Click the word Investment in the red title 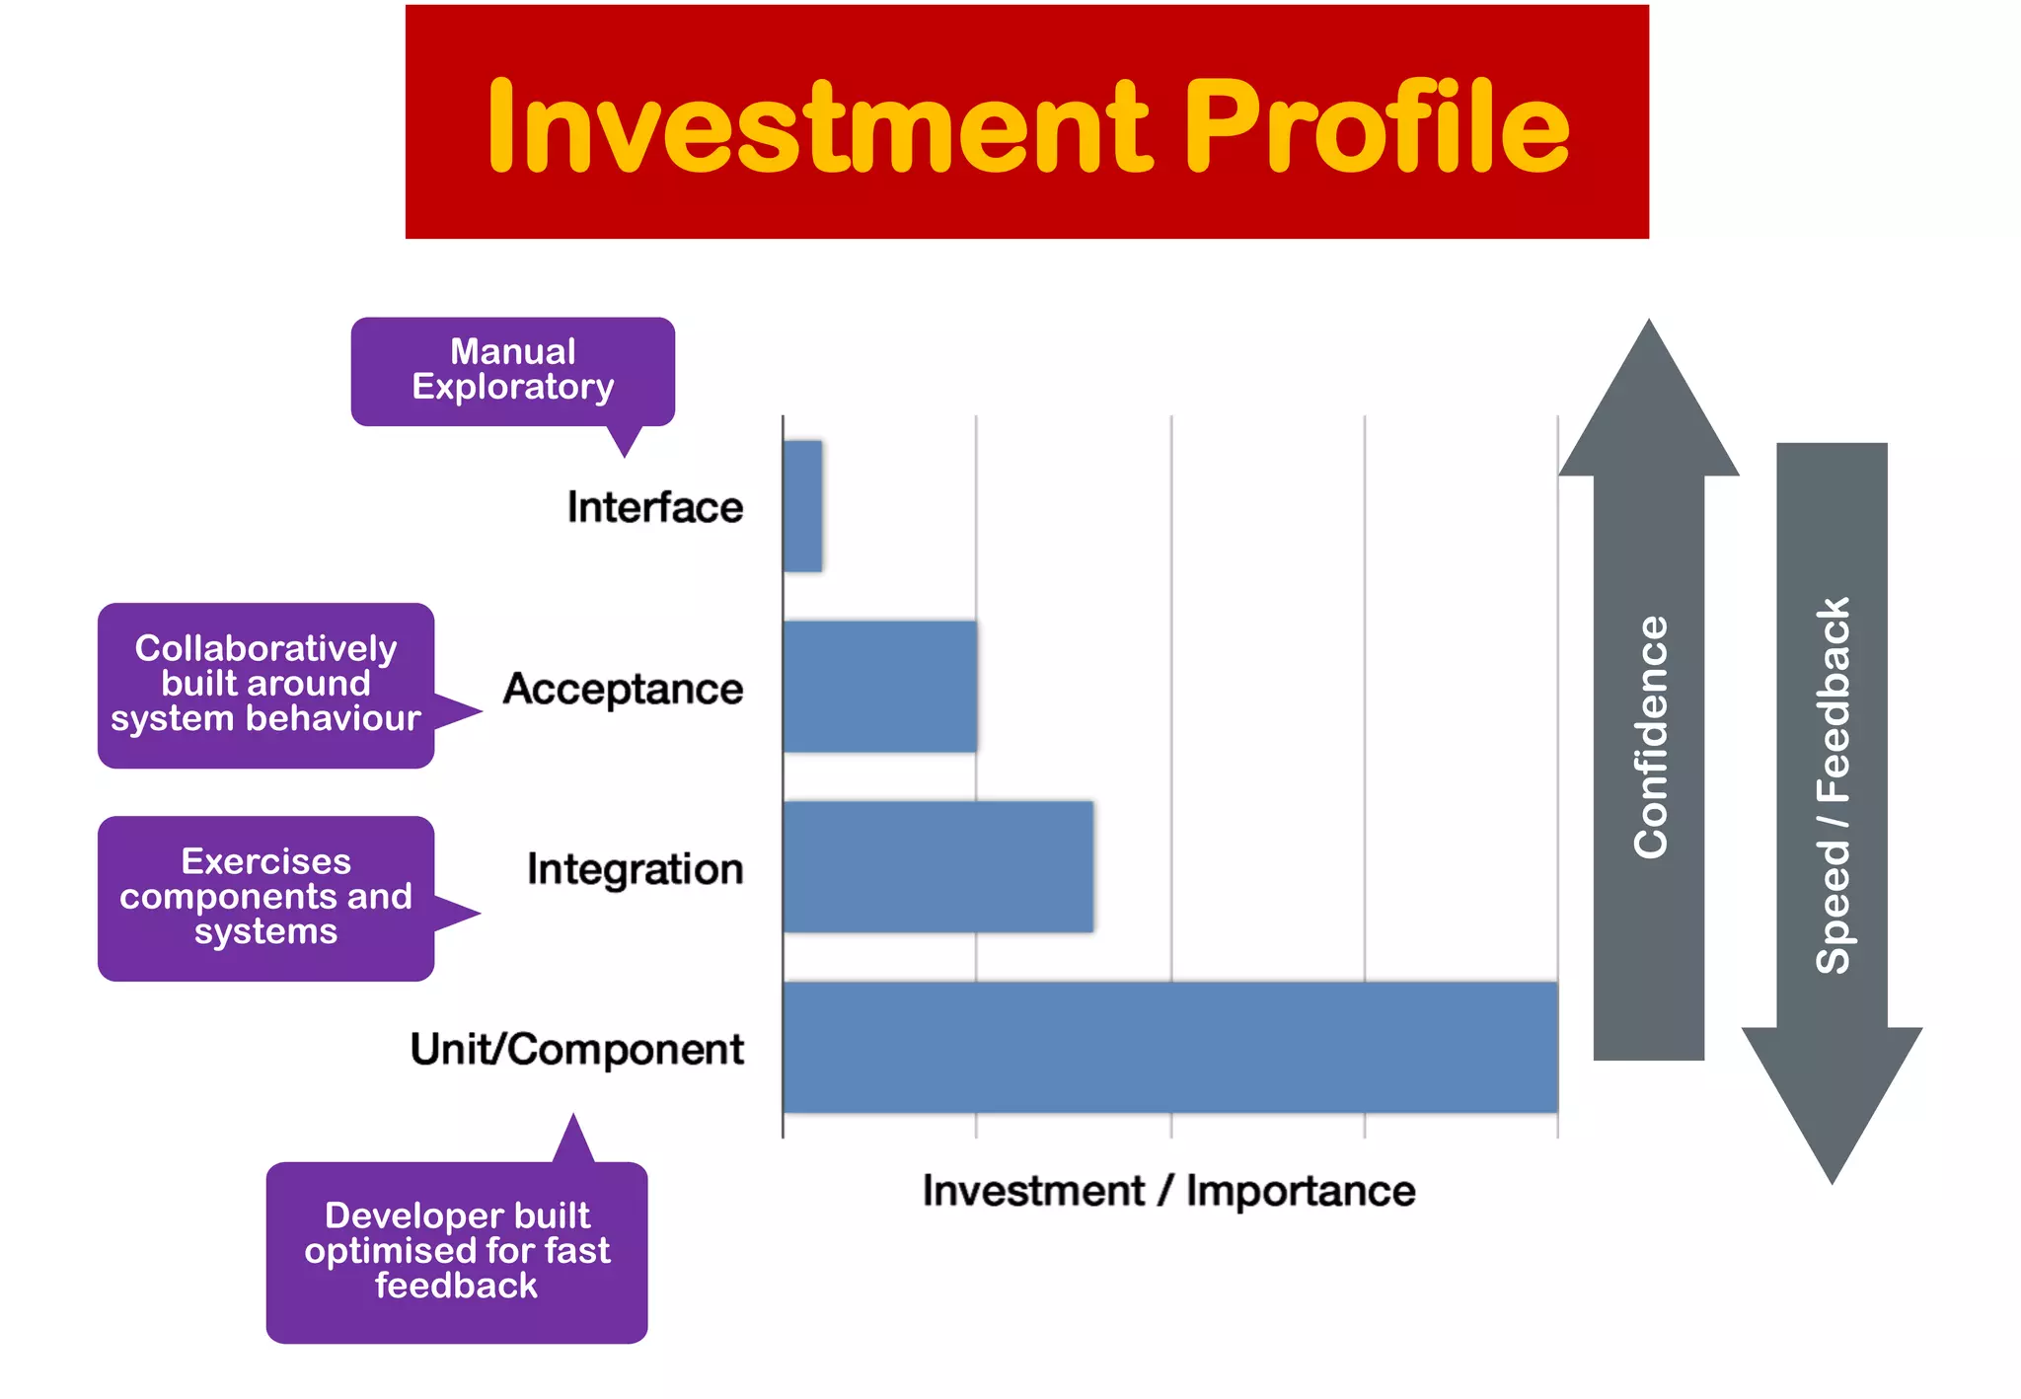click(x=819, y=128)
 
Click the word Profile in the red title click(x=1377, y=128)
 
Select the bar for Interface click(x=802, y=506)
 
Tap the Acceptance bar click(x=880, y=687)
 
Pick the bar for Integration click(x=937, y=867)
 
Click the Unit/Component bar click(x=1169, y=1048)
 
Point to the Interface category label click(x=655, y=507)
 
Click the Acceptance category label click(x=623, y=689)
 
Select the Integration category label click(x=635, y=869)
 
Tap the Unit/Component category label click(x=577, y=1050)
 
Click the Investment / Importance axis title click(x=1168, y=1191)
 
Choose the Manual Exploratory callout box click(x=512, y=371)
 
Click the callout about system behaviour click(x=265, y=685)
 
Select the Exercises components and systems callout click(x=265, y=898)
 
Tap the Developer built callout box click(x=457, y=1251)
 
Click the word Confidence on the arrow click(x=1650, y=738)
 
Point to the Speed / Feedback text click(x=1833, y=785)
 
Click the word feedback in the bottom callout click(x=456, y=1286)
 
